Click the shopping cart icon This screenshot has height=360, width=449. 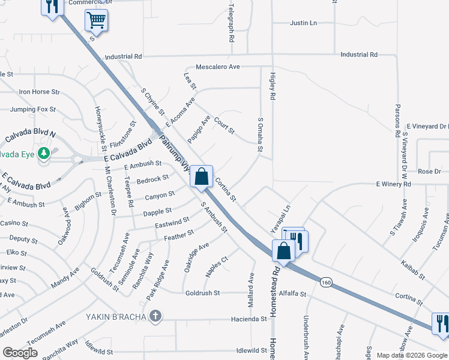(96, 21)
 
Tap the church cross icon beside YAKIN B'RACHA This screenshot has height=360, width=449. (155, 316)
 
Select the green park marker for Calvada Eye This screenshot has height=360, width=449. (44, 154)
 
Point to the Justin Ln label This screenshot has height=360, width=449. (303, 23)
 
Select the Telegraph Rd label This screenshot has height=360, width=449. (231, 22)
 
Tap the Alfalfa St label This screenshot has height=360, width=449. (293, 294)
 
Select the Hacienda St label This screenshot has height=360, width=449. (249, 319)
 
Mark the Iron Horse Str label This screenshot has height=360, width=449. (40, 92)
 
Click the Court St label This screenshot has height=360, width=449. (224, 125)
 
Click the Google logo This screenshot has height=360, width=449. (20, 353)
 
